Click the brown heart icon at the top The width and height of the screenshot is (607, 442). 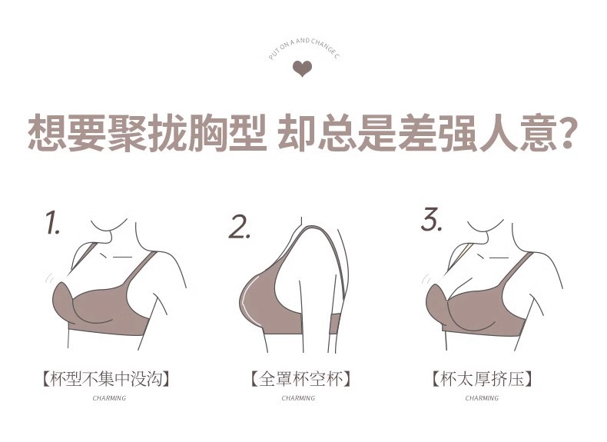click(302, 68)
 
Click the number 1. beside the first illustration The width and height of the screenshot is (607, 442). click(53, 222)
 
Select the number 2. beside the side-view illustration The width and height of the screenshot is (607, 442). click(239, 227)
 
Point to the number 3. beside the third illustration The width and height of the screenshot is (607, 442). click(431, 219)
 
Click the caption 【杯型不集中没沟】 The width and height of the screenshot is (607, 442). click(105, 378)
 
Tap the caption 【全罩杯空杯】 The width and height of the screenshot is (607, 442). click(300, 378)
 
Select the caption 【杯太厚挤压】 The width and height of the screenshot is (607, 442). click(482, 378)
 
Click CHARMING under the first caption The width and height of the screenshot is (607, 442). click(109, 398)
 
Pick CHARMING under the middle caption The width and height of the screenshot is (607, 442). click(298, 398)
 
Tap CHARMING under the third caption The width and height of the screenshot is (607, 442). click(482, 398)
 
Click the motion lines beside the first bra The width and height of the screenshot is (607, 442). click(49, 277)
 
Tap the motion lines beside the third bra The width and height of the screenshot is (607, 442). click(426, 278)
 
